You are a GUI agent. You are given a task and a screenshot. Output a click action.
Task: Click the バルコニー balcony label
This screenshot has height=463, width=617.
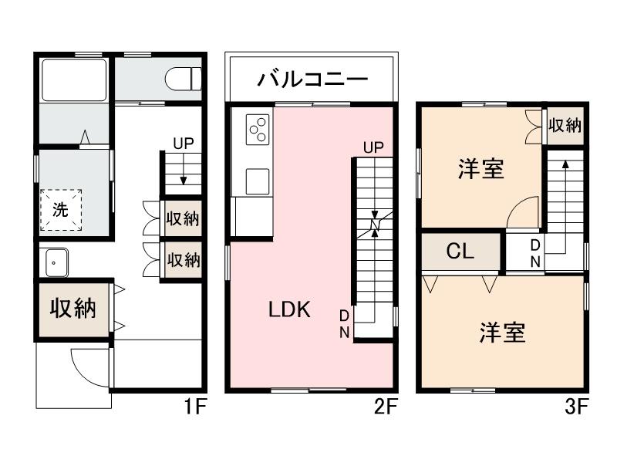point(312,79)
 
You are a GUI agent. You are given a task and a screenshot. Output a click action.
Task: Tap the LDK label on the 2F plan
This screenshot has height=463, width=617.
point(289,310)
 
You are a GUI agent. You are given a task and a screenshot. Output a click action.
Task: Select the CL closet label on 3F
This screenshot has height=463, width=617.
point(460,251)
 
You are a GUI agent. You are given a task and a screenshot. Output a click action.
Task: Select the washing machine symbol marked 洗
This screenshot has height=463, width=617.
point(61,208)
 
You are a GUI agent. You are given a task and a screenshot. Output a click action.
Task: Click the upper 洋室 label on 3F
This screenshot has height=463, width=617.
point(481,168)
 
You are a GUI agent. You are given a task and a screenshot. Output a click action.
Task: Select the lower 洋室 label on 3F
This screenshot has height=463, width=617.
point(503,333)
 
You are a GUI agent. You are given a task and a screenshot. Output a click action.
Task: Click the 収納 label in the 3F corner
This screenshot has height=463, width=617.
point(565,126)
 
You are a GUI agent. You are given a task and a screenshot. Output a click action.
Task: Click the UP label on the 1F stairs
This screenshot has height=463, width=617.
point(184,143)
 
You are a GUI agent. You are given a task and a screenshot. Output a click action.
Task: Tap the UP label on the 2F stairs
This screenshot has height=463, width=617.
point(373,147)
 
